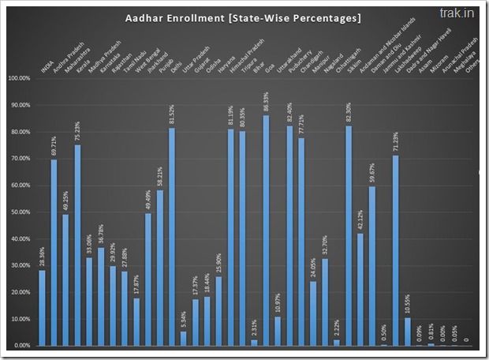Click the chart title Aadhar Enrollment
pos(242,18)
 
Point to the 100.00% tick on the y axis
pos(17,78)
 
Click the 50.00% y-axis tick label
pos(18,212)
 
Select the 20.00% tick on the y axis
pos(18,292)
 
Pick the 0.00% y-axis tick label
pos(19,345)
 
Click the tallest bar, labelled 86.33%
pos(266,231)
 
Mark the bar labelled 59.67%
pos(371,266)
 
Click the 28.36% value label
pos(42,257)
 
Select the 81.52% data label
pos(171,115)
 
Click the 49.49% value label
pos(147,201)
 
